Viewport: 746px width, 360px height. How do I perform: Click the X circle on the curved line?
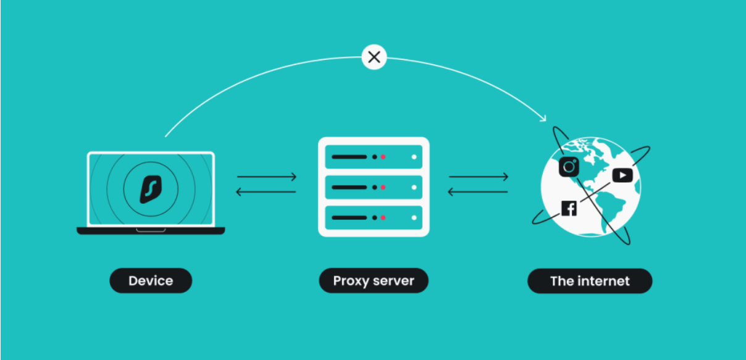pos(374,57)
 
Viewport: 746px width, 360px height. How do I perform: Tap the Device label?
pos(151,281)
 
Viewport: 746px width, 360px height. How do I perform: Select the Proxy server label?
pos(373,281)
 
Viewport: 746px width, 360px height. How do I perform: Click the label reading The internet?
pos(589,281)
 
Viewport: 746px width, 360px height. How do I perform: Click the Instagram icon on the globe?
pos(569,167)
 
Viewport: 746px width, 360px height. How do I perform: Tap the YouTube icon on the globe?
pos(622,175)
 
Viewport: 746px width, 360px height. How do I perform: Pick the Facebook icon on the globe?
pos(569,209)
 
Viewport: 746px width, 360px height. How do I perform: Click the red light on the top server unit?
pos(383,157)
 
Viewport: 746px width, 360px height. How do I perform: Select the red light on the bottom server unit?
pos(383,217)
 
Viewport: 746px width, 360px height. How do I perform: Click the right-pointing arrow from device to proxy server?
pos(267,177)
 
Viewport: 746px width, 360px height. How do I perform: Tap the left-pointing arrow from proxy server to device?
pos(267,192)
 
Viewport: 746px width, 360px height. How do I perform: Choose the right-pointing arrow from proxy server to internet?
pos(479,177)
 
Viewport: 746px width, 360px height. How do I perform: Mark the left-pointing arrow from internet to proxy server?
pos(479,192)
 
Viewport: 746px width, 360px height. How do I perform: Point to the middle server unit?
pos(373,187)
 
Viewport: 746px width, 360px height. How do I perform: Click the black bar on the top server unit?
pos(349,157)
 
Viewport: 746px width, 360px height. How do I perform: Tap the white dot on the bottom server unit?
pos(414,217)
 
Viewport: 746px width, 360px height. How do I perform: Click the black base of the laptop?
pos(151,231)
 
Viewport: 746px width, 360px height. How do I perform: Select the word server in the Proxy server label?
pos(393,281)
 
